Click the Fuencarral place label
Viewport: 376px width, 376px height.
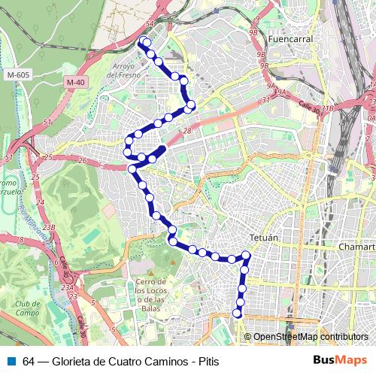tap(289, 38)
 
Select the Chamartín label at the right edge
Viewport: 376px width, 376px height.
tap(356, 246)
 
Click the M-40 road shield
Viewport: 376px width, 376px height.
tap(74, 82)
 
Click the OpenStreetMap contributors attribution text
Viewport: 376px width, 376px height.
tap(310, 337)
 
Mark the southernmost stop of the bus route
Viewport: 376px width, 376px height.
tap(238, 314)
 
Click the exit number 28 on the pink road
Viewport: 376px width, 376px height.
tap(187, 132)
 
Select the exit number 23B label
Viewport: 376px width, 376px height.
tap(49, 227)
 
